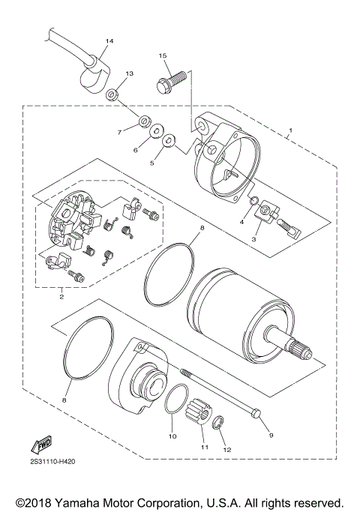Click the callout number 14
(109, 40)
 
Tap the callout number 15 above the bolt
(162, 56)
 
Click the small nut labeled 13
(112, 94)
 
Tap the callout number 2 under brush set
(61, 296)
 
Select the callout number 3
(255, 238)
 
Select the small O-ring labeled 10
(175, 401)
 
